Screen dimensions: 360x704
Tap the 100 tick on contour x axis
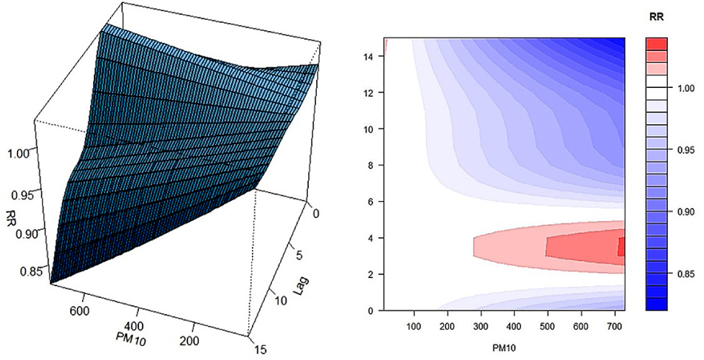click(414, 326)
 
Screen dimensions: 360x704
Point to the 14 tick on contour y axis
click(369, 56)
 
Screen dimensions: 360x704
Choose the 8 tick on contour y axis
click(371, 165)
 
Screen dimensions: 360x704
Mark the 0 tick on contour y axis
click(371, 310)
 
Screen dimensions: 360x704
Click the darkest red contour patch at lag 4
click(621, 246)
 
